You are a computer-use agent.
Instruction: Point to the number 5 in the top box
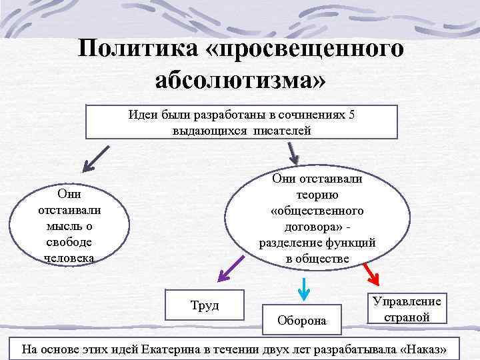pos(351,115)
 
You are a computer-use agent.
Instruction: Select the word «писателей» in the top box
pos(282,131)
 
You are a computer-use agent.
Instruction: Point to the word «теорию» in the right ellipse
pos(317,195)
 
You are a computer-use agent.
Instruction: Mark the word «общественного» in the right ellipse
pos(317,211)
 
